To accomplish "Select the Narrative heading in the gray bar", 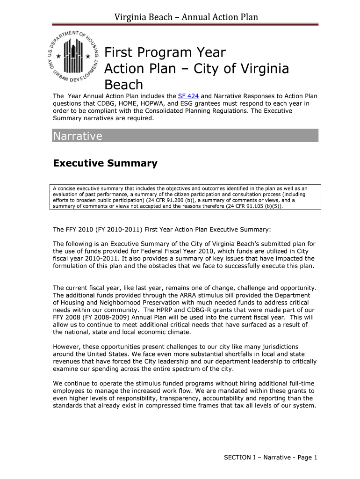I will [x=78, y=136].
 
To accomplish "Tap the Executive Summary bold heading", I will [x=105, y=163].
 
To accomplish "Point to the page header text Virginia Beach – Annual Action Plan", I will [x=187, y=17].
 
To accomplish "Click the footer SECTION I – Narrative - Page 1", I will [x=271, y=457].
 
